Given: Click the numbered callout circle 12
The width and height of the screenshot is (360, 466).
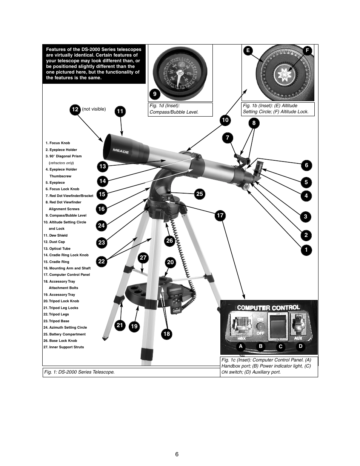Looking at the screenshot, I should pos(75,109).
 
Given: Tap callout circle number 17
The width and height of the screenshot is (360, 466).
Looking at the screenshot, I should pos(220,216).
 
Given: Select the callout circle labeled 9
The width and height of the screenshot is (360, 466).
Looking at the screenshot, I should pos(154,94).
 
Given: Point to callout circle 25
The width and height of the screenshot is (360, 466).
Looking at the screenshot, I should pos(199,194).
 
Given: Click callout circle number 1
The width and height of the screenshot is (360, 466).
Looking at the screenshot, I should pos(306,250).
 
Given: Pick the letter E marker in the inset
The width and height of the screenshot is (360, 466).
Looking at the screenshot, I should pos(248,51).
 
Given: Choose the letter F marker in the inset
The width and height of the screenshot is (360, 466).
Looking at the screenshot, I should pos(307,51).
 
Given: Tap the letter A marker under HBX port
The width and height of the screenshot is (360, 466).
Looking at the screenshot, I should pos(240,346).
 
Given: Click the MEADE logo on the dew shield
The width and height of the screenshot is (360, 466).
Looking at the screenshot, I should pos(120,151).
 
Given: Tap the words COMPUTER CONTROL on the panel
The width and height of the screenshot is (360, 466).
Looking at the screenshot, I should pos(268,308).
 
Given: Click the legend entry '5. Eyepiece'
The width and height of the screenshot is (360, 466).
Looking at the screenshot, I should pos(55,183).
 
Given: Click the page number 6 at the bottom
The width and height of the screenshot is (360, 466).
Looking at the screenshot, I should pos(177,454).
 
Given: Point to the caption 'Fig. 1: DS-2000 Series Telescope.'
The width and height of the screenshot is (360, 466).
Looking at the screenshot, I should pos(79,372).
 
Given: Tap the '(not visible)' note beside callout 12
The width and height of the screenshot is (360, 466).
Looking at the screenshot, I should pos(94,109).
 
